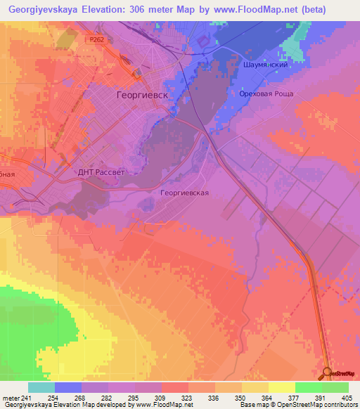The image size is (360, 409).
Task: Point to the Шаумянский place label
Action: pyautogui.click(x=266, y=64)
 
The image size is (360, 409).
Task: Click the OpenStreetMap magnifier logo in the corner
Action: pyautogui.click(x=328, y=372)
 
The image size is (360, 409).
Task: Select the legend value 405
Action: pyautogui.click(x=345, y=397)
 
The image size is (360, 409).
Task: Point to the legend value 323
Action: pyautogui.click(x=174, y=397)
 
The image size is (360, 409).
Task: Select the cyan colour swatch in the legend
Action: pyautogui.click(x=41, y=387)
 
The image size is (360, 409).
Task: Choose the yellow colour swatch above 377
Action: pyautogui.click(x=281, y=387)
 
